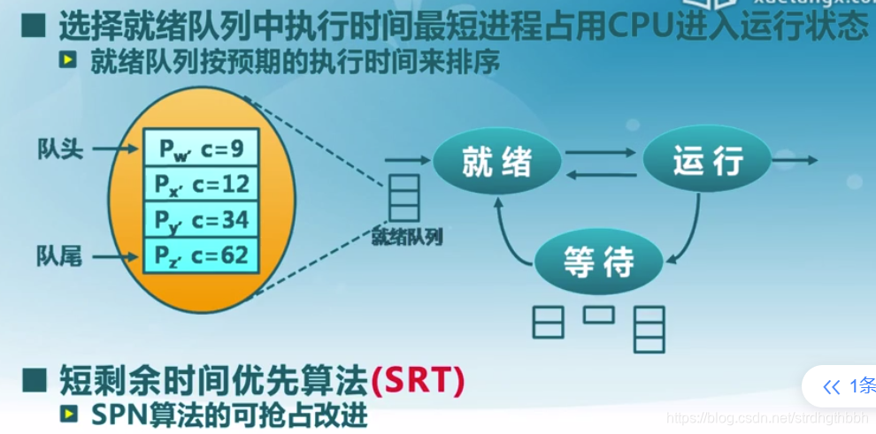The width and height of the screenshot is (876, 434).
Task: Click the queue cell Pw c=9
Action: [201, 148]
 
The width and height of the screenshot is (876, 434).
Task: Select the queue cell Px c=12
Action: [201, 184]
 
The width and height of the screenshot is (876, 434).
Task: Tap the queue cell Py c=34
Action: [201, 220]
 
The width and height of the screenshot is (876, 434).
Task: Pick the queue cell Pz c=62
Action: [201, 255]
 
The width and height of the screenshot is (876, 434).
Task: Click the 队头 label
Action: [58, 148]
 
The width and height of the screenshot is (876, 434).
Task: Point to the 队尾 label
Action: [58, 257]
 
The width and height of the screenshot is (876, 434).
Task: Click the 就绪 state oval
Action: [497, 163]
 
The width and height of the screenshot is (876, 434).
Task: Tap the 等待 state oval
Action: [600, 262]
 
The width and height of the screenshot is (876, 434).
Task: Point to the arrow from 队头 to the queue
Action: [113, 149]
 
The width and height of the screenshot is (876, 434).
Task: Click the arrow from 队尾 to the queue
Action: [113, 258]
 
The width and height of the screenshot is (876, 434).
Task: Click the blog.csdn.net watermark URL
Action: [765, 417]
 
